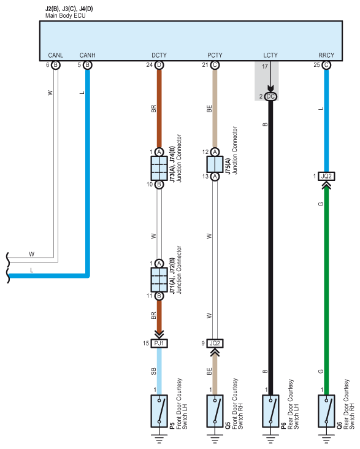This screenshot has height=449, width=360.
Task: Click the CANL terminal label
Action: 56,55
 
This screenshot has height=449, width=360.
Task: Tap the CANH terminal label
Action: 87,55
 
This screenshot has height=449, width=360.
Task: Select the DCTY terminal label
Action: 159,55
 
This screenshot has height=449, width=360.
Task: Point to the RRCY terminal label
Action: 326,55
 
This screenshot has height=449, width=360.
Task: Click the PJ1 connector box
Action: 159,343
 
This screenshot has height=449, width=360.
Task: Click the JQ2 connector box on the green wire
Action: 326,176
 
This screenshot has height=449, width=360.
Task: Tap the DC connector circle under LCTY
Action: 270,97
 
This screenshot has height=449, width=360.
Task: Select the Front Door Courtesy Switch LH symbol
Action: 159,411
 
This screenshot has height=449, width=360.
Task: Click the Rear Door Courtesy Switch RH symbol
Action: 326,411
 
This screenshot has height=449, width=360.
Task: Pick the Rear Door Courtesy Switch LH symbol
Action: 270,411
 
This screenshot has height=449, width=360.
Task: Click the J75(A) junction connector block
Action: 215,164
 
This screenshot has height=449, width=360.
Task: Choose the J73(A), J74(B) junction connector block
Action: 159,168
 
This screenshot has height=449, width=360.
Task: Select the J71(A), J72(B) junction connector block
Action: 159,280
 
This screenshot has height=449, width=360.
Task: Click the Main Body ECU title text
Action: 65,16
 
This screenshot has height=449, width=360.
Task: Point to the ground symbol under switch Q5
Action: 215,439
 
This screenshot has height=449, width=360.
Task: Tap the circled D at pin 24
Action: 159,65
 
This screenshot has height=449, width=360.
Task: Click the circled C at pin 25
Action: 326,65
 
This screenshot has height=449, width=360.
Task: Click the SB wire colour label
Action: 153,371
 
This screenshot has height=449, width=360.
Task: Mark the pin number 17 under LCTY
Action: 265,66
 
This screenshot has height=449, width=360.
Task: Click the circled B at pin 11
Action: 159,296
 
